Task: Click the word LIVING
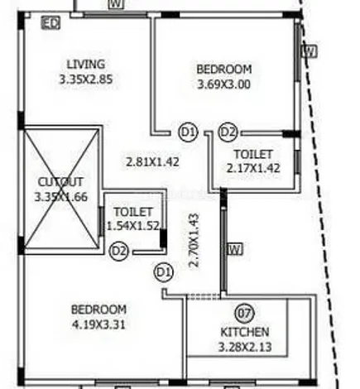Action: point(85,65)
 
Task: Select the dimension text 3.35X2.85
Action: point(85,80)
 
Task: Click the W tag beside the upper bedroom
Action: point(309,51)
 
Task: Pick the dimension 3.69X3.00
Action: point(223,84)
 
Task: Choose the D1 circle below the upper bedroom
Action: point(188,132)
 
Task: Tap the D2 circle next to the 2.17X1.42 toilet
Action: point(228,132)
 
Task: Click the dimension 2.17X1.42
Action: point(253,168)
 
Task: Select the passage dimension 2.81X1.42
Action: point(151,161)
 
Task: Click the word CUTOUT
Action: point(60,181)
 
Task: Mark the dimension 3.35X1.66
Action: point(60,197)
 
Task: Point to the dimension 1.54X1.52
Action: point(132,226)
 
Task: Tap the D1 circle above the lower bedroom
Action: point(163,271)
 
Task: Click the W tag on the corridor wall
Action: point(234,248)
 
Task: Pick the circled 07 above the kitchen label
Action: point(243,314)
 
